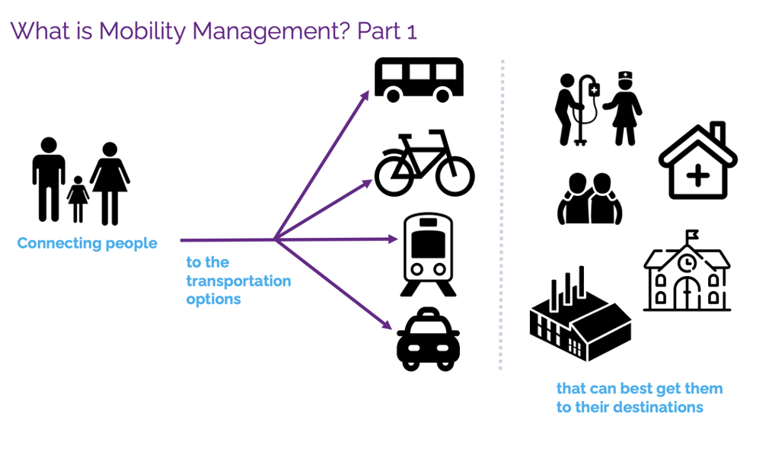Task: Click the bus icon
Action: point(419,79)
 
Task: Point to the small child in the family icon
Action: point(78,200)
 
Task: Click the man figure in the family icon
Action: point(49,179)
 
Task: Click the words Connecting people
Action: point(87,244)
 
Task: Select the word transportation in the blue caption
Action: point(238,281)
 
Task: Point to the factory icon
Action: point(579,316)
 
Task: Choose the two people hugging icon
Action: point(589,200)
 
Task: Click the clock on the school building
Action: point(687,263)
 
